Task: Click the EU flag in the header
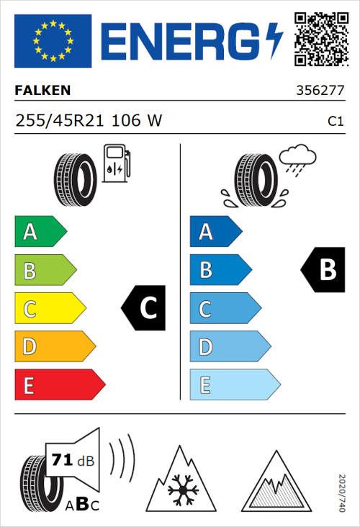53,41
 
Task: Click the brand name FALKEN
43,91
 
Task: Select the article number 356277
319,91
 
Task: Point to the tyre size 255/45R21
62,122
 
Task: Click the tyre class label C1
335,122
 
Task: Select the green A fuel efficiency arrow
40,232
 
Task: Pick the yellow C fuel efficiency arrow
49,309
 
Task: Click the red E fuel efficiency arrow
59,385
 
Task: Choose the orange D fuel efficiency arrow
54,347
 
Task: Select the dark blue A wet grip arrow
215,232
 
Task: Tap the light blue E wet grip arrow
234,385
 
